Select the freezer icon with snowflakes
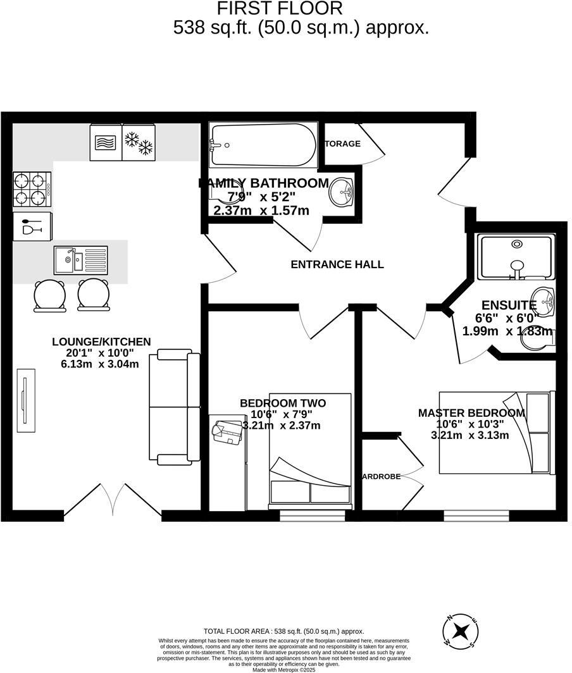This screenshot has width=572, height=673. point(138,143)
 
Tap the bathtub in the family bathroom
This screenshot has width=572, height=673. point(263,145)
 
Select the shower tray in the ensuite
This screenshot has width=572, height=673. point(516,256)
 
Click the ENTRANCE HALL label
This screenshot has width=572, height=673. point(337,264)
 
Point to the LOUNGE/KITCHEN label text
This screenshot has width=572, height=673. point(101,342)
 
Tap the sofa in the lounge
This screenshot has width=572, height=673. point(175,407)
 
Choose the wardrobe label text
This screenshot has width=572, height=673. point(382,476)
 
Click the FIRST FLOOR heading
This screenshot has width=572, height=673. point(280,9)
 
